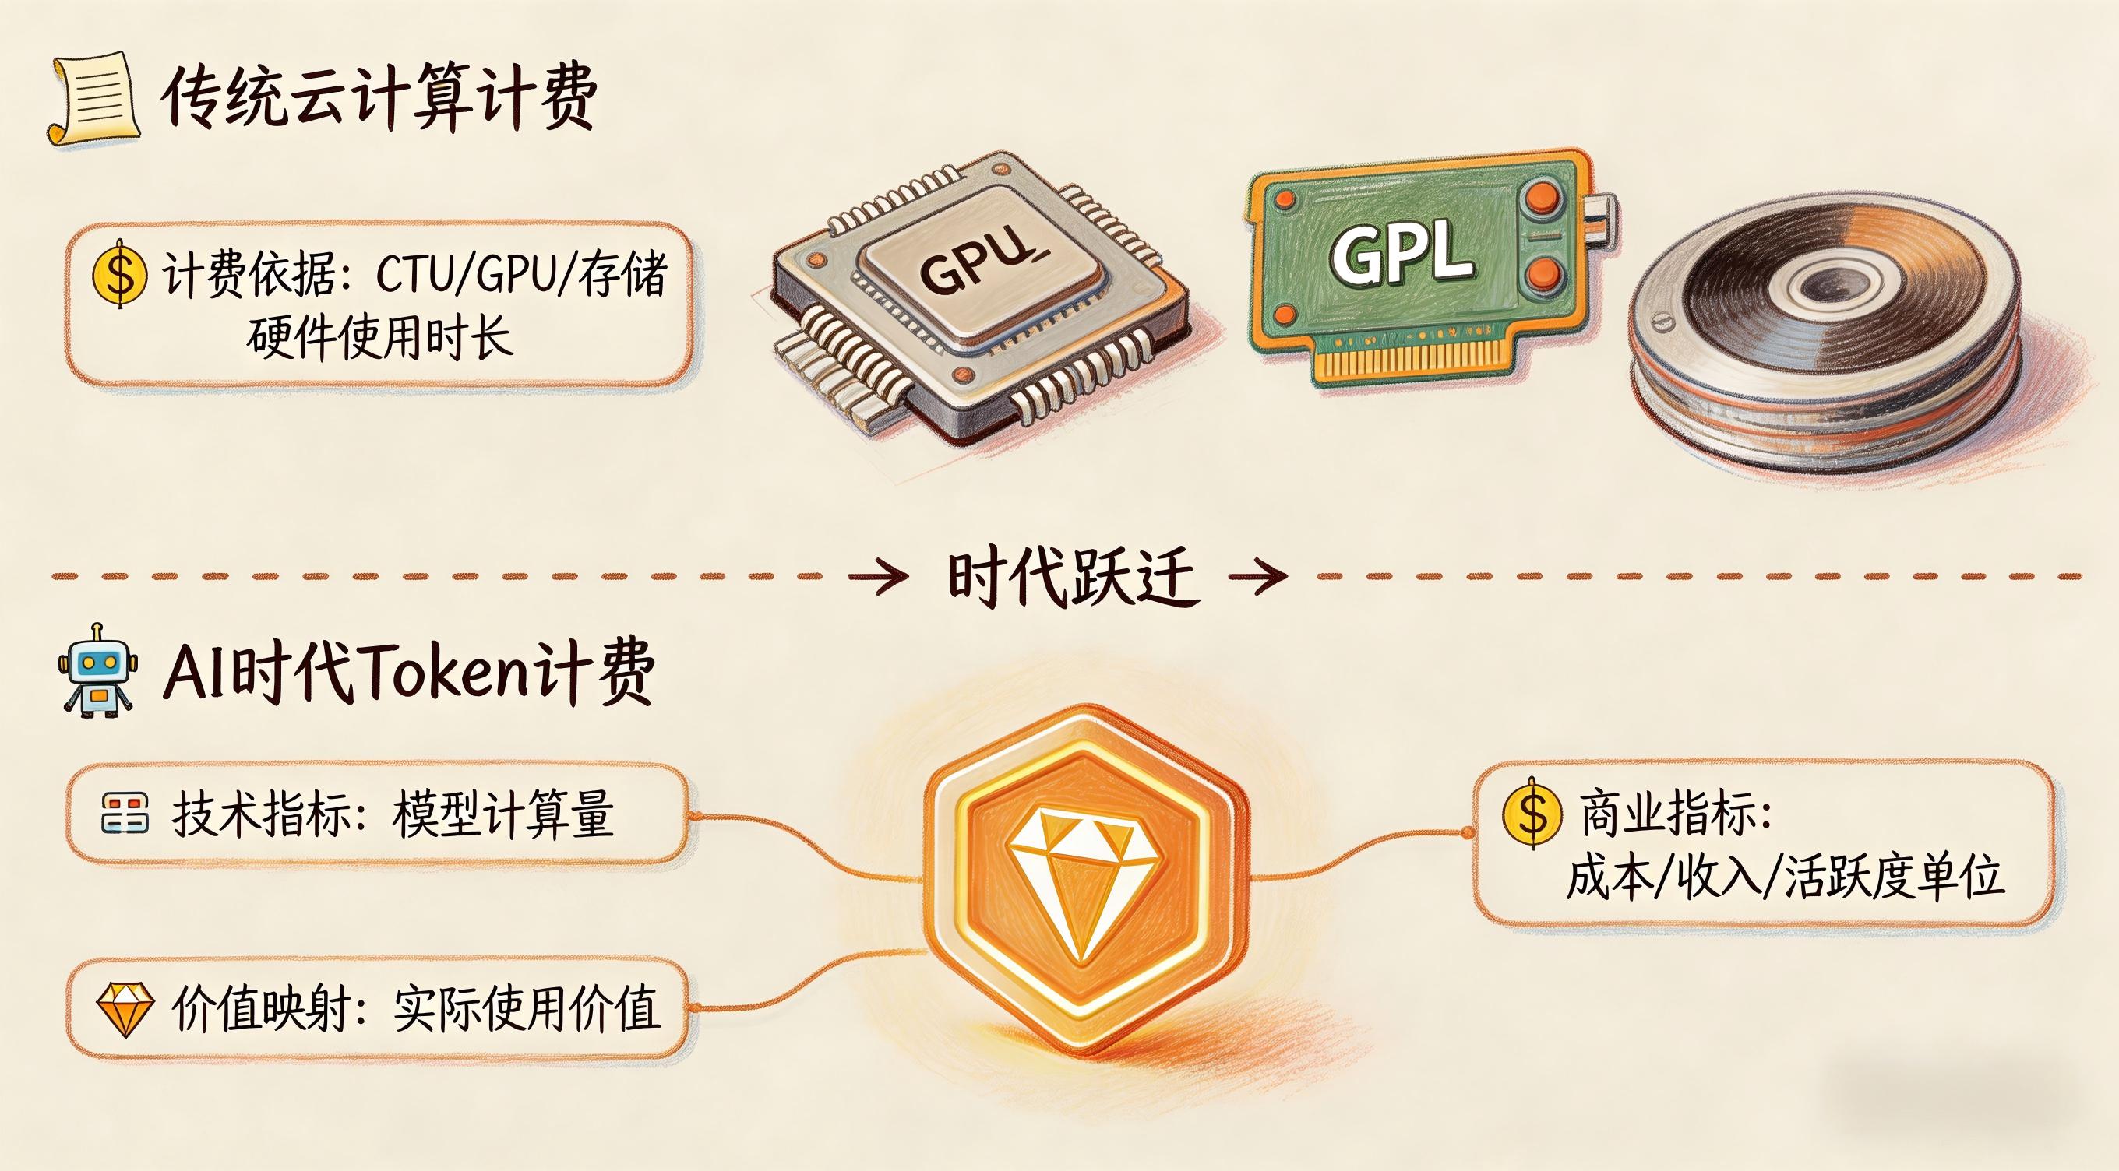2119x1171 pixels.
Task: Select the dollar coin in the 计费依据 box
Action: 120,273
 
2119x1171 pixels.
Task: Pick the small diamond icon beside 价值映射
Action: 124,1008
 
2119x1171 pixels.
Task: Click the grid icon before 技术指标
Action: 125,814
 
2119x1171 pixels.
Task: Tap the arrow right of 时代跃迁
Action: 1257,576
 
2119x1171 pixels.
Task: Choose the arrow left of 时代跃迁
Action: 879,576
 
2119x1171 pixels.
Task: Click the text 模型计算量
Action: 502,814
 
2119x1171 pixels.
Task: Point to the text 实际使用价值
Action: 527,1008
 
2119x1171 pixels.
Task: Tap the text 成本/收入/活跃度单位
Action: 1784,877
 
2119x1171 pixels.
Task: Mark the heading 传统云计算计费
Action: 379,99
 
